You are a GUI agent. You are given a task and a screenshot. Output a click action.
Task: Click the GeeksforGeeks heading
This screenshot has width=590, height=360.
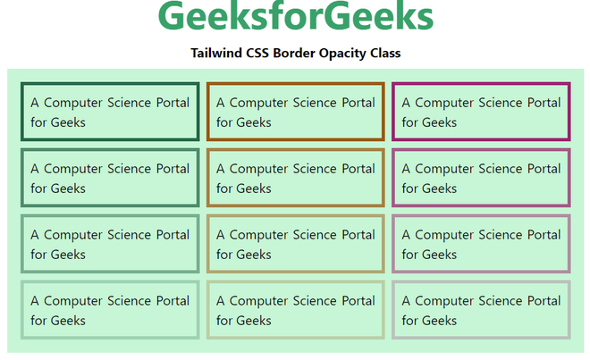pos(295,18)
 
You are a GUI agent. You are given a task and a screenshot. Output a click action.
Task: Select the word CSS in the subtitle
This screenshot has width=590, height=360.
pos(261,53)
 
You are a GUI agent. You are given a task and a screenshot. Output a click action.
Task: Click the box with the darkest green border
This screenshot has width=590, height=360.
pos(110,112)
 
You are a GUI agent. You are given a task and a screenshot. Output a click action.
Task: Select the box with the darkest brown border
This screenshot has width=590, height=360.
pos(295,112)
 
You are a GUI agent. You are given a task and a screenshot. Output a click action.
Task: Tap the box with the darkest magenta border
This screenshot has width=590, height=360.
pos(481,112)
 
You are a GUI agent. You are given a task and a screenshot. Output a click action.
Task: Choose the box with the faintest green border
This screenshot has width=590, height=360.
pos(110,310)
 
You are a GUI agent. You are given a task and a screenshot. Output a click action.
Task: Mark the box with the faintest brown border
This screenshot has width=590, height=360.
pos(295,310)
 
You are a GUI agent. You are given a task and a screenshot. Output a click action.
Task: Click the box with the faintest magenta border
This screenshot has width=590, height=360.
pos(481,310)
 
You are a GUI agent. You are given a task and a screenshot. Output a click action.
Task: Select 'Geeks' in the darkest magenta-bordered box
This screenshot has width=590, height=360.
pos(439,122)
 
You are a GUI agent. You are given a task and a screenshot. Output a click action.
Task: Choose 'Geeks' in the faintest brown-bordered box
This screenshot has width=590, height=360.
pos(254,321)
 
